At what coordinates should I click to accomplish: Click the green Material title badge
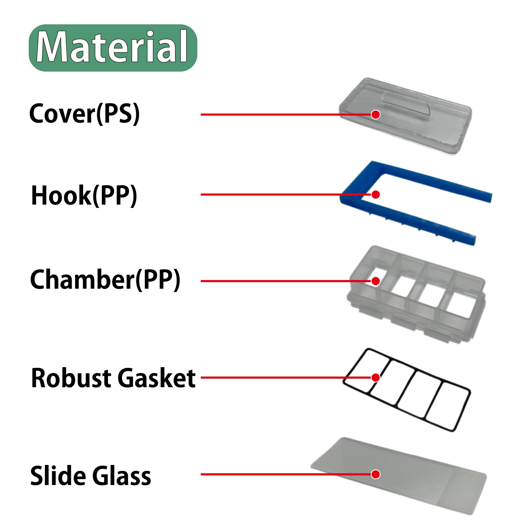coord(113,48)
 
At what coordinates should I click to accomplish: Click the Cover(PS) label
coord(84,114)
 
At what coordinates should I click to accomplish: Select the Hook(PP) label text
coord(84,196)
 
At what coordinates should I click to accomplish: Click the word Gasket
coord(156,378)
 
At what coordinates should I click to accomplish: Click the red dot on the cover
coord(375,114)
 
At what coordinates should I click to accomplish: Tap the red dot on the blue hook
coord(375,194)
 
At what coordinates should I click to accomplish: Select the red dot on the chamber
coord(375,281)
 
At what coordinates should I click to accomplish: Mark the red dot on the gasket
coord(375,378)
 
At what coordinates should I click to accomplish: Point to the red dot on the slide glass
coord(375,474)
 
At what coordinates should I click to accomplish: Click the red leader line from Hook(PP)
coord(269,194)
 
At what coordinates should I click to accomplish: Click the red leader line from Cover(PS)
coord(269,114)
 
